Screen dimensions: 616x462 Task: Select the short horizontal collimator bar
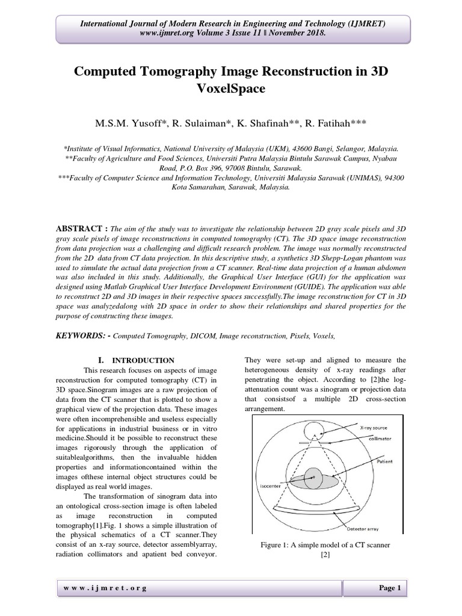click(315, 443)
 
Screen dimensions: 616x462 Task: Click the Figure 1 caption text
click(325, 544)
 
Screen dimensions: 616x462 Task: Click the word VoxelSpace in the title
click(230, 90)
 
